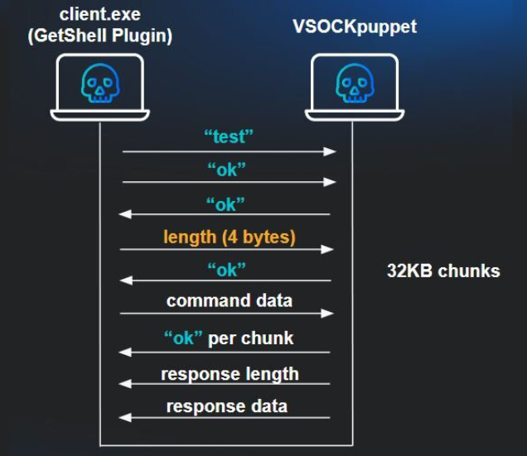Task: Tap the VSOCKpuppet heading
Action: click(x=355, y=25)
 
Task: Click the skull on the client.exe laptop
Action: click(x=100, y=84)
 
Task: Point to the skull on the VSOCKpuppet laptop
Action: click(x=354, y=84)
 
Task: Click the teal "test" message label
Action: click(x=230, y=137)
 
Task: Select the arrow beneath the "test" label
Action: click(x=228, y=151)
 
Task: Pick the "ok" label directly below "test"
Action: click(x=227, y=169)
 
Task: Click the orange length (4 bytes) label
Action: click(x=230, y=237)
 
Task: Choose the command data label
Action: click(x=230, y=300)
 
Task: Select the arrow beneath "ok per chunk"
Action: click(x=225, y=353)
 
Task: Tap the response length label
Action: click(x=230, y=373)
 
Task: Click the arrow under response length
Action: click(x=225, y=384)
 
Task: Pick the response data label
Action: click(x=227, y=406)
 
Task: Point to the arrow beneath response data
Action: click(x=225, y=417)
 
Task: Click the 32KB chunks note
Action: click(x=443, y=271)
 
